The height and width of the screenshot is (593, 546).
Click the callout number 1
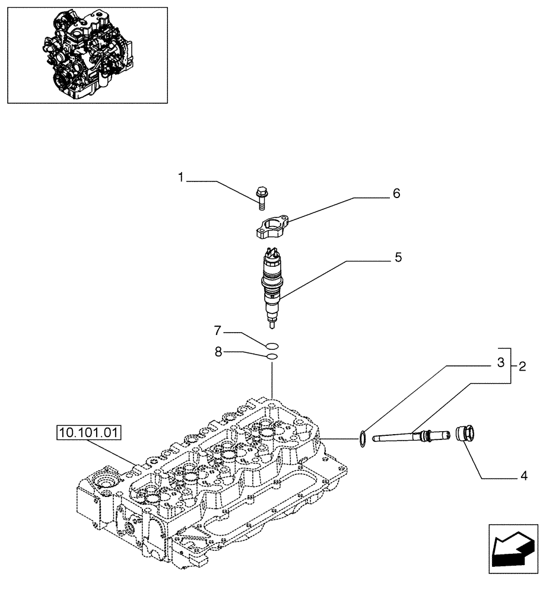181,177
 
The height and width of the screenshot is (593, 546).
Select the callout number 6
396,193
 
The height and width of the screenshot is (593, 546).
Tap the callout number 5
397,257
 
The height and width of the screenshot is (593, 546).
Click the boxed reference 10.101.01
89,434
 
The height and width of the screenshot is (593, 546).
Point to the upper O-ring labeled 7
272,346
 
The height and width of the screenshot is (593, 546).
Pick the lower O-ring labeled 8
272,356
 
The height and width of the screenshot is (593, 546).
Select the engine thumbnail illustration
87,54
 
